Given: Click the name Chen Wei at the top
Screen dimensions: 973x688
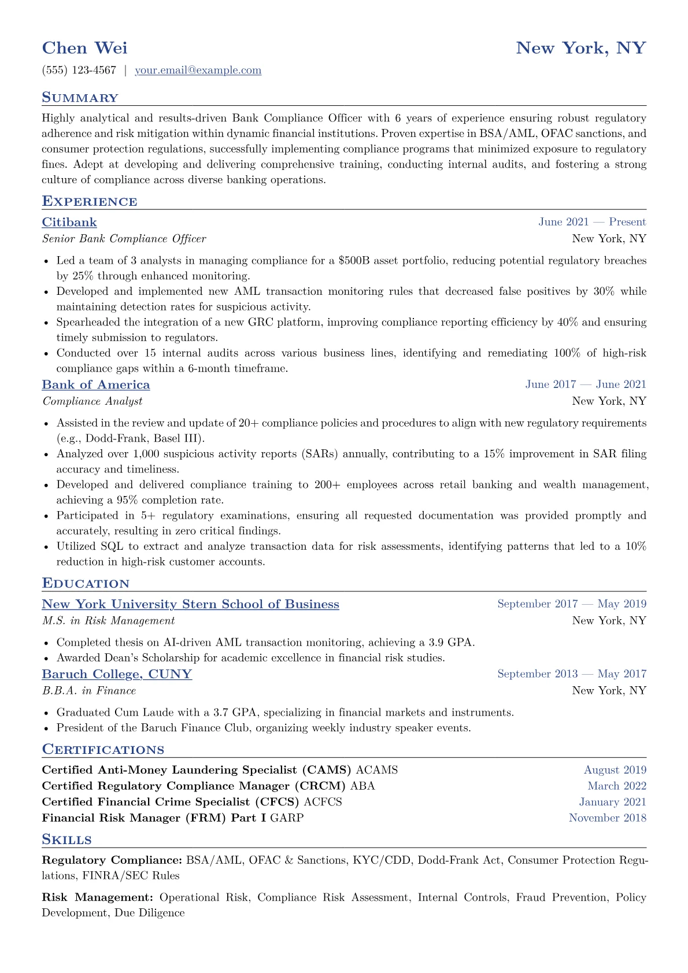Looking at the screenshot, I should [x=84, y=48].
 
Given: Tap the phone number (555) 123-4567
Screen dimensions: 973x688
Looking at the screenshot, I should [x=79, y=71].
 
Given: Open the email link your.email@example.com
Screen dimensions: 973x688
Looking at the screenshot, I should [x=198, y=71].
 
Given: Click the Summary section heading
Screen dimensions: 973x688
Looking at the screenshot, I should [x=80, y=98].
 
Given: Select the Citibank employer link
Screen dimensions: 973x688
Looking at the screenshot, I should [x=69, y=223].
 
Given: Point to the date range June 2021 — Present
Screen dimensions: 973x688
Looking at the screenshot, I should [x=592, y=222].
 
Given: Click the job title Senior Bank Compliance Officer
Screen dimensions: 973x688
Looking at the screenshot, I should [x=124, y=239].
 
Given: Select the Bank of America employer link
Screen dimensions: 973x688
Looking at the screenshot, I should [x=96, y=385].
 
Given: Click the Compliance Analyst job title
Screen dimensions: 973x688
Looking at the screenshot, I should [x=92, y=401].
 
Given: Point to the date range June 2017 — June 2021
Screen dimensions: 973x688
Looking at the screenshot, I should [x=585, y=384].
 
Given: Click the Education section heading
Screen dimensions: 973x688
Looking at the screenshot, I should [x=86, y=583].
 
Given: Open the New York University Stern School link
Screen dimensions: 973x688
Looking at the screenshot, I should [x=190, y=605].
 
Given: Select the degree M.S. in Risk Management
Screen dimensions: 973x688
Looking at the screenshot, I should [x=108, y=621].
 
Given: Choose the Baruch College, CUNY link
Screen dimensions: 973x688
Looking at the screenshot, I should [x=117, y=674].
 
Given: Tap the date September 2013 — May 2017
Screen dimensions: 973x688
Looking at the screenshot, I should [x=571, y=674].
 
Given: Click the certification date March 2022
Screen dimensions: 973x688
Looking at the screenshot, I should [x=616, y=786].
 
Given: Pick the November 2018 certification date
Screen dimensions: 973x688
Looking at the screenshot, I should [x=607, y=818].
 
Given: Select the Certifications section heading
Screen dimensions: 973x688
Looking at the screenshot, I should [x=103, y=750].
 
